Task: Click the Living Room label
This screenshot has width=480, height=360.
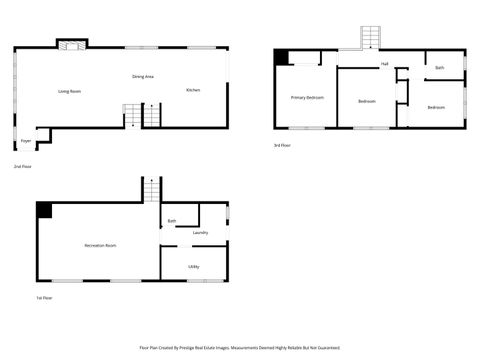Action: pyautogui.click(x=69, y=91)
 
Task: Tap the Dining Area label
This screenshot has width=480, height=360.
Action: pyautogui.click(x=143, y=76)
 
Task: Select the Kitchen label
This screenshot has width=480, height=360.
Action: pyautogui.click(x=193, y=90)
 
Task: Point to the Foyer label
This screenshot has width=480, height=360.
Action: pyautogui.click(x=26, y=142)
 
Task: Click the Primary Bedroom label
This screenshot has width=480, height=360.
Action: pyautogui.click(x=307, y=97)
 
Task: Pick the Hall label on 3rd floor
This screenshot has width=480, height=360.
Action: pyautogui.click(x=384, y=64)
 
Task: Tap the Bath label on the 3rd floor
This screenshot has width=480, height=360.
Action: pyautogui.click(x=439, y=67)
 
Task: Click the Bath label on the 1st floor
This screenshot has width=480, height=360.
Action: pyautogui.click(x=172, y=221)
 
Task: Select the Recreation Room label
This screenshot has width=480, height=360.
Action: pyautogui.click(x=100, y=245)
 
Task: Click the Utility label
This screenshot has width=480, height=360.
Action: pyautogui.click(x=193, y=266)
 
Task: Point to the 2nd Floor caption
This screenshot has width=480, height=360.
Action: pyautogui.click(x=22, y=166)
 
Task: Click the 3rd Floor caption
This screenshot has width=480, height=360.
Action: pyautogui.click(x=282, y=145)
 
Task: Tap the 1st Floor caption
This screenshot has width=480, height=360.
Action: pyautogui.click(x=44, y=297)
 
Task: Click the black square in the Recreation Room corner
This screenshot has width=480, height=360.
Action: pyautogui.click(x=44, y=210)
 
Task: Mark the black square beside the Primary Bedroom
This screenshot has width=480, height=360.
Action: pyautogui.click(x=281, y=58)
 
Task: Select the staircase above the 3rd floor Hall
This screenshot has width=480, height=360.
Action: pyautogui.click(x=371, y=37)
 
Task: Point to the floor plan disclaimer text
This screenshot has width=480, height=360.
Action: pyautogui.click(x=240, y=348)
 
